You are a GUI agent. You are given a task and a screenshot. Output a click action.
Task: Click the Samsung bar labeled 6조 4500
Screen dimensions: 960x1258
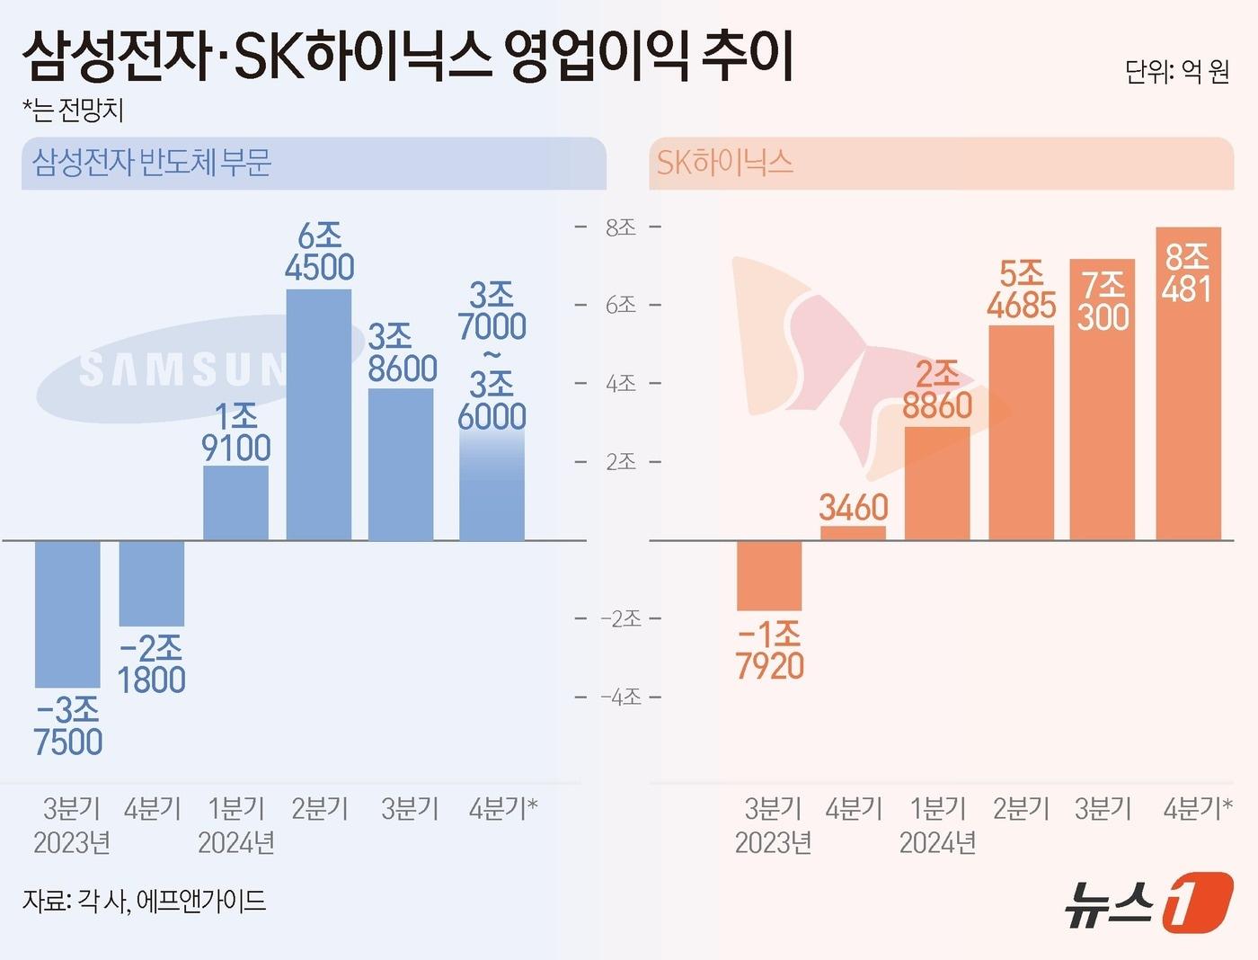click(x=319, y=413)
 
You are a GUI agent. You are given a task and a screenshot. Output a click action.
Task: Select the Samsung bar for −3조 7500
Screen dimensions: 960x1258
click(x=67, y=613)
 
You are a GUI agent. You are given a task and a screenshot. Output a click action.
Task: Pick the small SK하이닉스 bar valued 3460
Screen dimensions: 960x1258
click(x=853, y=532)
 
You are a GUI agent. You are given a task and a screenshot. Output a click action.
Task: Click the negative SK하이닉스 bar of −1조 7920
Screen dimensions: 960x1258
click(x=769, y=575)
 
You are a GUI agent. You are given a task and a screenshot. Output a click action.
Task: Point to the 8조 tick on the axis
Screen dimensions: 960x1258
click(x=620, y=227)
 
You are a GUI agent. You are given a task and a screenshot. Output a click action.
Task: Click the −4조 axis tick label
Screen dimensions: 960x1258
click(x=620, y=697)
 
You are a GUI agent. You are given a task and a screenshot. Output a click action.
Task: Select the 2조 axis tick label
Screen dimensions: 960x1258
click(x=620, y=462)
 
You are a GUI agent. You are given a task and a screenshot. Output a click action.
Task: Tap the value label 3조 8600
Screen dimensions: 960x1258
click(x=402, y=353)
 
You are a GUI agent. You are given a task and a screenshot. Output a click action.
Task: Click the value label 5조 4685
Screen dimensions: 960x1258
click(x=1021, y=289)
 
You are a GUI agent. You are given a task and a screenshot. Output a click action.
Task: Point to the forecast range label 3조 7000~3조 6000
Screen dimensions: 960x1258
click(x=492, y=356)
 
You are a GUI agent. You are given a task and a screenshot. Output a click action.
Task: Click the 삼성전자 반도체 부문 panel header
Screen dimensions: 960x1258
click(x=153, y=163)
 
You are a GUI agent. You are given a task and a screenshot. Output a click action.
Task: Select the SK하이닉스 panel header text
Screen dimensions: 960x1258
click(x=724, y=163)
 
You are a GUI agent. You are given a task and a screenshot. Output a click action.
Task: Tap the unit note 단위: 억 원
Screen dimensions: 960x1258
click(x=1176, y=71)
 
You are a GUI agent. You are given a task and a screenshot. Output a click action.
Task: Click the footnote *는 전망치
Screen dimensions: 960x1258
click(x=73, y=110)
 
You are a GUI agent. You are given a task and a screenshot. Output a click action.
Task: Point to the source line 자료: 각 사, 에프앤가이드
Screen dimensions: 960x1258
click(x=144, y=900)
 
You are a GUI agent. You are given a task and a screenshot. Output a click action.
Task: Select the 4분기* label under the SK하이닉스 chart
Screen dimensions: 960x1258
click(x=1197, y=808)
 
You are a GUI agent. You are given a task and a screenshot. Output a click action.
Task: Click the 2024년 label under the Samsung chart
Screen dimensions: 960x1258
click(x=235, y=842)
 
